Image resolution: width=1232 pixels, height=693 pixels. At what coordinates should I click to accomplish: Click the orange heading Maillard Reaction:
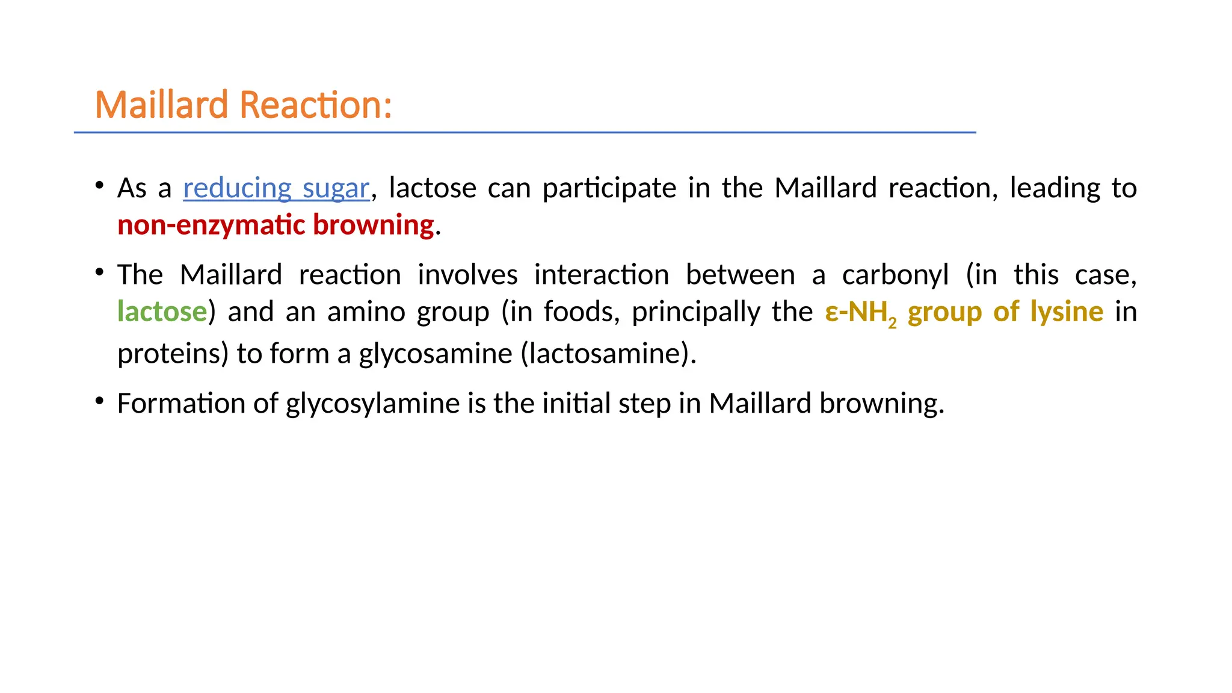(244, 105)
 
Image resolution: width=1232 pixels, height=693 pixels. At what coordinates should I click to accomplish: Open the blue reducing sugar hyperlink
(276, 188)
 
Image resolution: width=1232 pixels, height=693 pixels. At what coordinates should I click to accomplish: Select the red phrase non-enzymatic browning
(276, 225)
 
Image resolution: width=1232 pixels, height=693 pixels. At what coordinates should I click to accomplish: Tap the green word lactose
(162, 312)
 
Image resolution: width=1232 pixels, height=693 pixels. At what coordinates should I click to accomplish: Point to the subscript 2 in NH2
(892, 323)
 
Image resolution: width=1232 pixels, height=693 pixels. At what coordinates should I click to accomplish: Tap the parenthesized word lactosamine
(606, 354)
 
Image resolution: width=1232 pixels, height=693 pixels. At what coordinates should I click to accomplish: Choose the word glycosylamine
(372, 404)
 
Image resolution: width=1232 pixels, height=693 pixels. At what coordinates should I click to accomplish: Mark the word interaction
(602, 275)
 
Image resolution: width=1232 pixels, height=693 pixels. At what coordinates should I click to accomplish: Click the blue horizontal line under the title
(525, 132)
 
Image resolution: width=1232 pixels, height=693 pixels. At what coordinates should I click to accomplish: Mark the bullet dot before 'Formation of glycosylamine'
(100, 401)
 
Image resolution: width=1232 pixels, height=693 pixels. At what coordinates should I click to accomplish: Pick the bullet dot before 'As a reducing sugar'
(100, 185)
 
